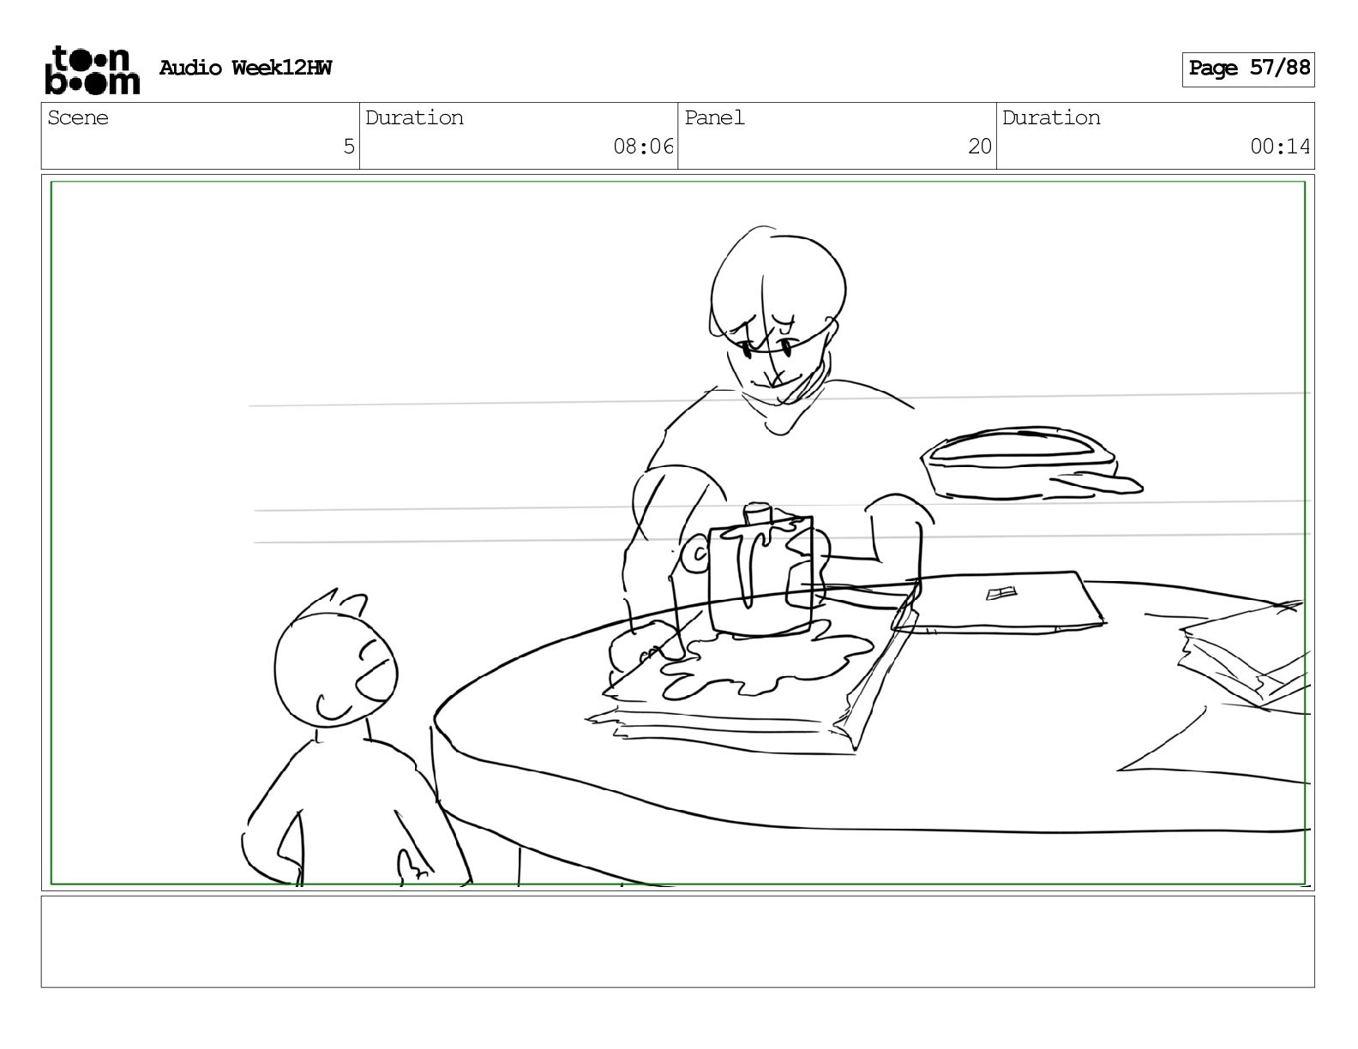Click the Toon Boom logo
(93, 70)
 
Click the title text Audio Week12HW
(245, 68)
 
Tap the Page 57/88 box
(1248, 69)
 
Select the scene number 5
(349, 147)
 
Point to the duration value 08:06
(643, 147)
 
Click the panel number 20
(979, 147)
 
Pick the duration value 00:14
(1279, 147)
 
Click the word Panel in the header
(714, 117)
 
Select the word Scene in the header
(77, 117)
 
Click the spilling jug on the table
(760, 572)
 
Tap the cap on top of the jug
(758, 513)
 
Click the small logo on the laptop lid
(1001, 592)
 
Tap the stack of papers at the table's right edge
(1244, 653)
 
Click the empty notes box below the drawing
(678, 942)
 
